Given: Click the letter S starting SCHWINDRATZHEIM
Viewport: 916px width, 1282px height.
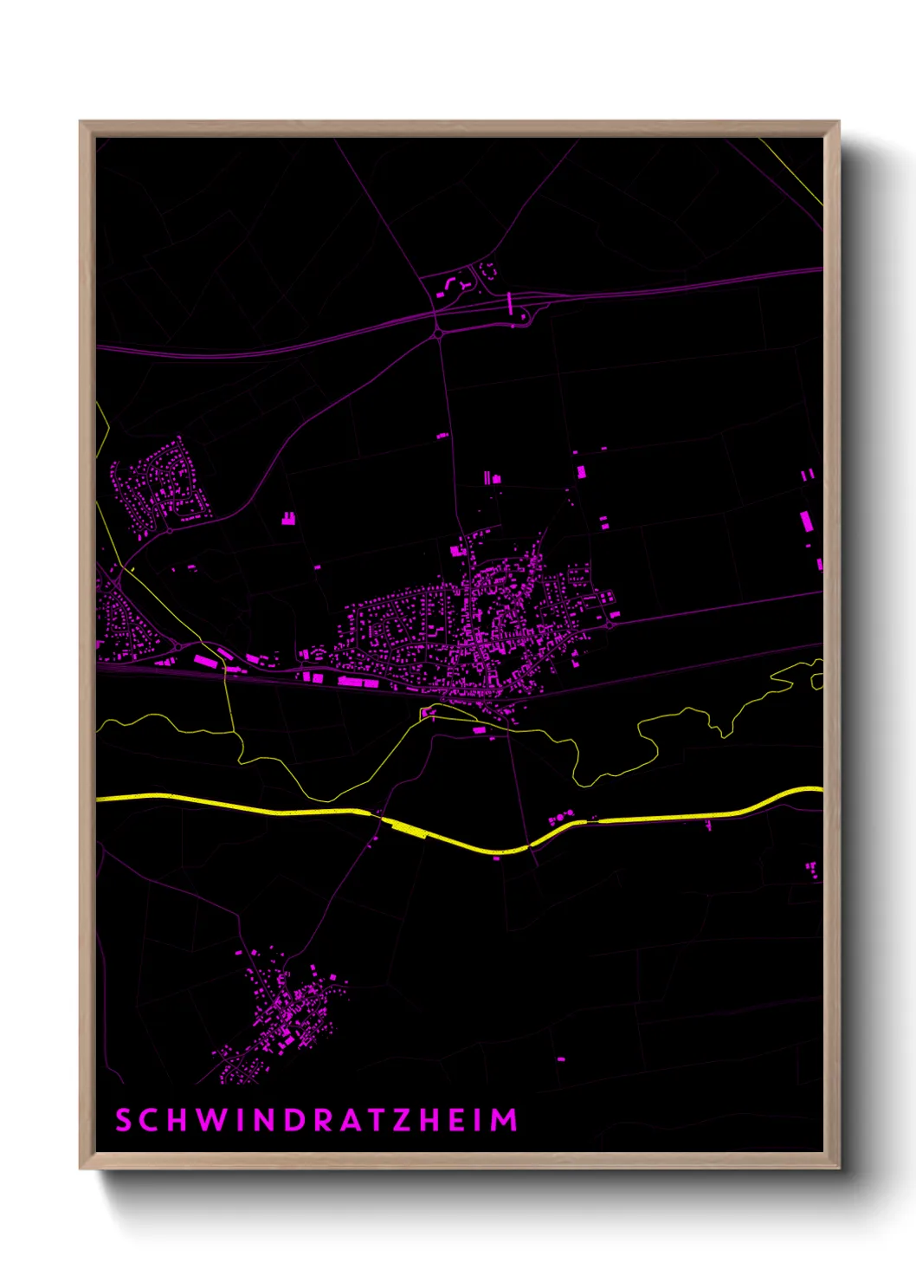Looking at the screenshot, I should coord(123,1120).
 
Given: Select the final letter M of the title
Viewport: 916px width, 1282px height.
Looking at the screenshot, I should coord(505,1120).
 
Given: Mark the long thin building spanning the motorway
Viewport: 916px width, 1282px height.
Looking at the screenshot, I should coord(510,302).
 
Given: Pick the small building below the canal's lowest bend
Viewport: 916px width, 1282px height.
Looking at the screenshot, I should coord(497,858).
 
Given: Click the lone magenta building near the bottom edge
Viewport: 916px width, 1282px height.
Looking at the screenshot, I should coord(561,1059).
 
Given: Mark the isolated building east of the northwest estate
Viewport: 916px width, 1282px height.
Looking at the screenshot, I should coord(288,519).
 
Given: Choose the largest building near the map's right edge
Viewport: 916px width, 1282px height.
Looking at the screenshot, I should coord(806,521).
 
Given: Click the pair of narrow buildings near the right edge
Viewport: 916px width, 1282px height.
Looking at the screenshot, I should coord(808,475).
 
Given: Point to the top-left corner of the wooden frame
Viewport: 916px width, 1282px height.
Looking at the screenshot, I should coord(80,121).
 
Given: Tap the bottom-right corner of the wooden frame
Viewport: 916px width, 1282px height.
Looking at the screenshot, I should coord(840,1169).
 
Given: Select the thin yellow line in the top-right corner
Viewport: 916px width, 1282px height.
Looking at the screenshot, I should coord(792,172).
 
